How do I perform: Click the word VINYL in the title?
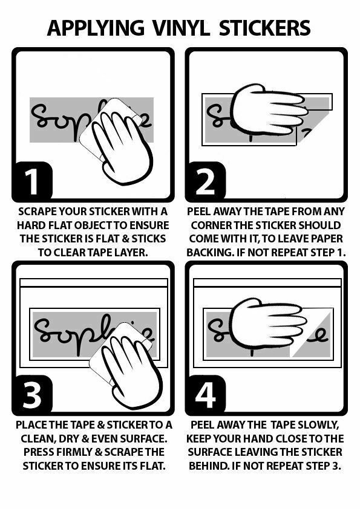click(181, 28)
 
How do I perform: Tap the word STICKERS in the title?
click(265, 28)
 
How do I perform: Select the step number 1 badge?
click(32, 181)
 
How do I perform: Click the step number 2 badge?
click(206, 181)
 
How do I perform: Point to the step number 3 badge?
click(32, 394)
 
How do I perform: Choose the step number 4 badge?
click(206, 394)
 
